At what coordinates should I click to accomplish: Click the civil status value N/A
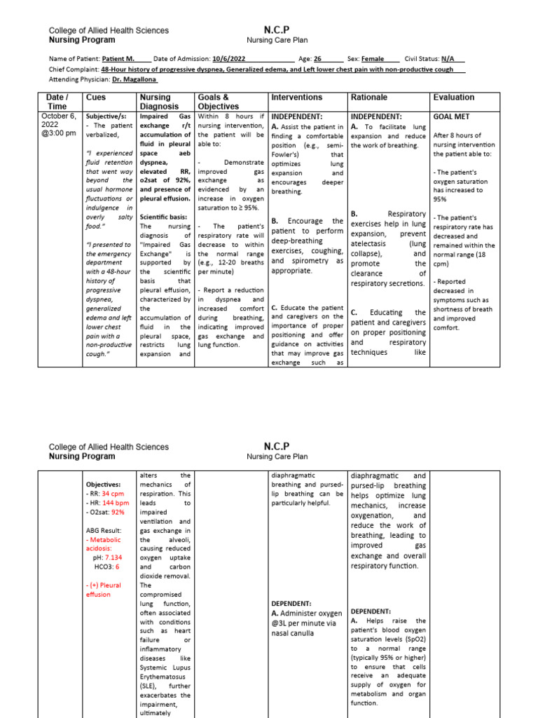(453, 59)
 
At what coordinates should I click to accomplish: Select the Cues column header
(95, 97)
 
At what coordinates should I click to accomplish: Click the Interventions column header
(297, 97)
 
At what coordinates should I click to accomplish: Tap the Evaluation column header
(454, 97)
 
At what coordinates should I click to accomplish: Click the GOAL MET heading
(452, 116)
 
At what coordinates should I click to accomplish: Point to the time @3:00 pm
(61, 133)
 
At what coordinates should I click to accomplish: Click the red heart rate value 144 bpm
(115, 503)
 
